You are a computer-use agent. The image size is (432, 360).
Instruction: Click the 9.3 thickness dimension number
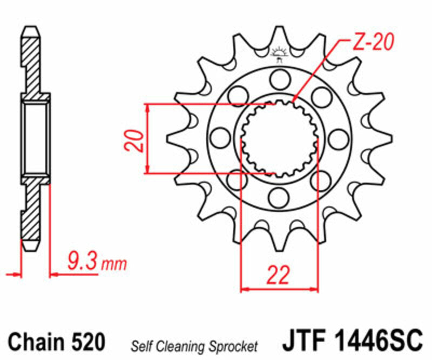coord(83,263)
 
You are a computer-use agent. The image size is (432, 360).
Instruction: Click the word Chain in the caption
coord(36,342)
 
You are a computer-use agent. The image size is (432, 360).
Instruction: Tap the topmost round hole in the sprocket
coord(279,82)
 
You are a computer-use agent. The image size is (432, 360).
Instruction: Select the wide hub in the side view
coord(36,138)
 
